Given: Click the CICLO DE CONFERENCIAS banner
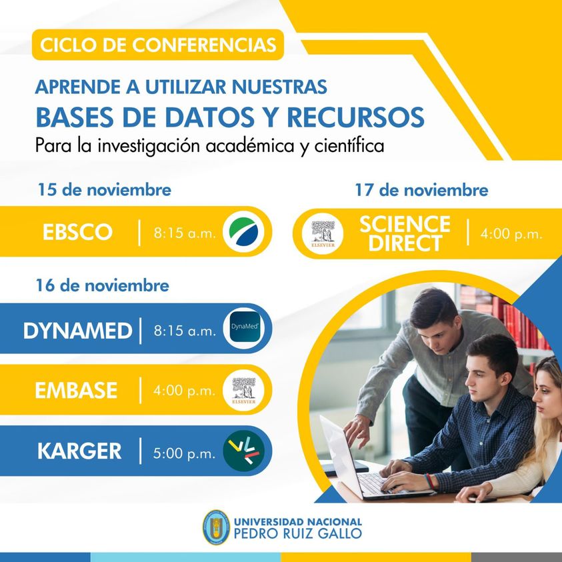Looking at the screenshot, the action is coord(158,45).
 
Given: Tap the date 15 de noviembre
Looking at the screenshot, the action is coord(104,189).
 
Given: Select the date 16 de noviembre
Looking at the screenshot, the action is coord(103,285).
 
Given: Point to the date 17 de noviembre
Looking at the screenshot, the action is coord(421,190).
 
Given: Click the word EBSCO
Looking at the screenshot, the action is coord(77,232).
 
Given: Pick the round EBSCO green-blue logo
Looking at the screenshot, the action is coord(244,231).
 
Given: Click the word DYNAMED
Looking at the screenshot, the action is coord(77,331).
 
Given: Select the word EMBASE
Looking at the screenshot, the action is coord(76,390).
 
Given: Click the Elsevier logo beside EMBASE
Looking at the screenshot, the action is coord(244,390).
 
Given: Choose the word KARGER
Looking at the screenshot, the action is coord(79,451).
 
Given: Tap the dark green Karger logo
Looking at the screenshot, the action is coord(244,451).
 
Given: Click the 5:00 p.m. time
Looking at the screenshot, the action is coord(184,454).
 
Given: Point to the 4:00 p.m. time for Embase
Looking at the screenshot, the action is coord(184,391).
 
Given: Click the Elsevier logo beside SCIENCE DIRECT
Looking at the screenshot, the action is coord(323,234).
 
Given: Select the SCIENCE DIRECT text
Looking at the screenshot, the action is coord(405,234).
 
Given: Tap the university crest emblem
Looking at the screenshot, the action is coord(216,527).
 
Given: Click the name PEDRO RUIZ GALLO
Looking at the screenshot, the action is coord(298,534).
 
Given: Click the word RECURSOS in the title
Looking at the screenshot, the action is coord(355,117).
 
